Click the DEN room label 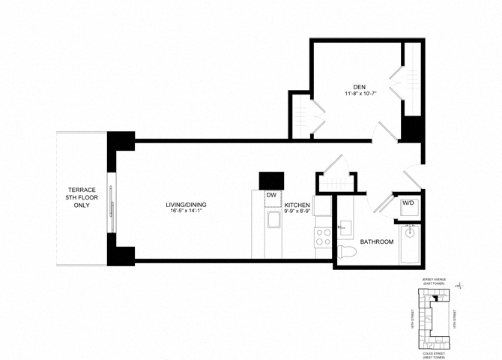click(359, 86)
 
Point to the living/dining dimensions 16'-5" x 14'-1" click(187, 211)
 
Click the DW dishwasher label click(271, 195)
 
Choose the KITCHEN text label click(297, 204)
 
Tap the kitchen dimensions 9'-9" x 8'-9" click(297, 212)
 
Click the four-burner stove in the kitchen click(323, 236)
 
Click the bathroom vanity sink click(345, 226)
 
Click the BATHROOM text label click(377, 241)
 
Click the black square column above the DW click(271, 181)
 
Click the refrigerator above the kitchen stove click(322, 206)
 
